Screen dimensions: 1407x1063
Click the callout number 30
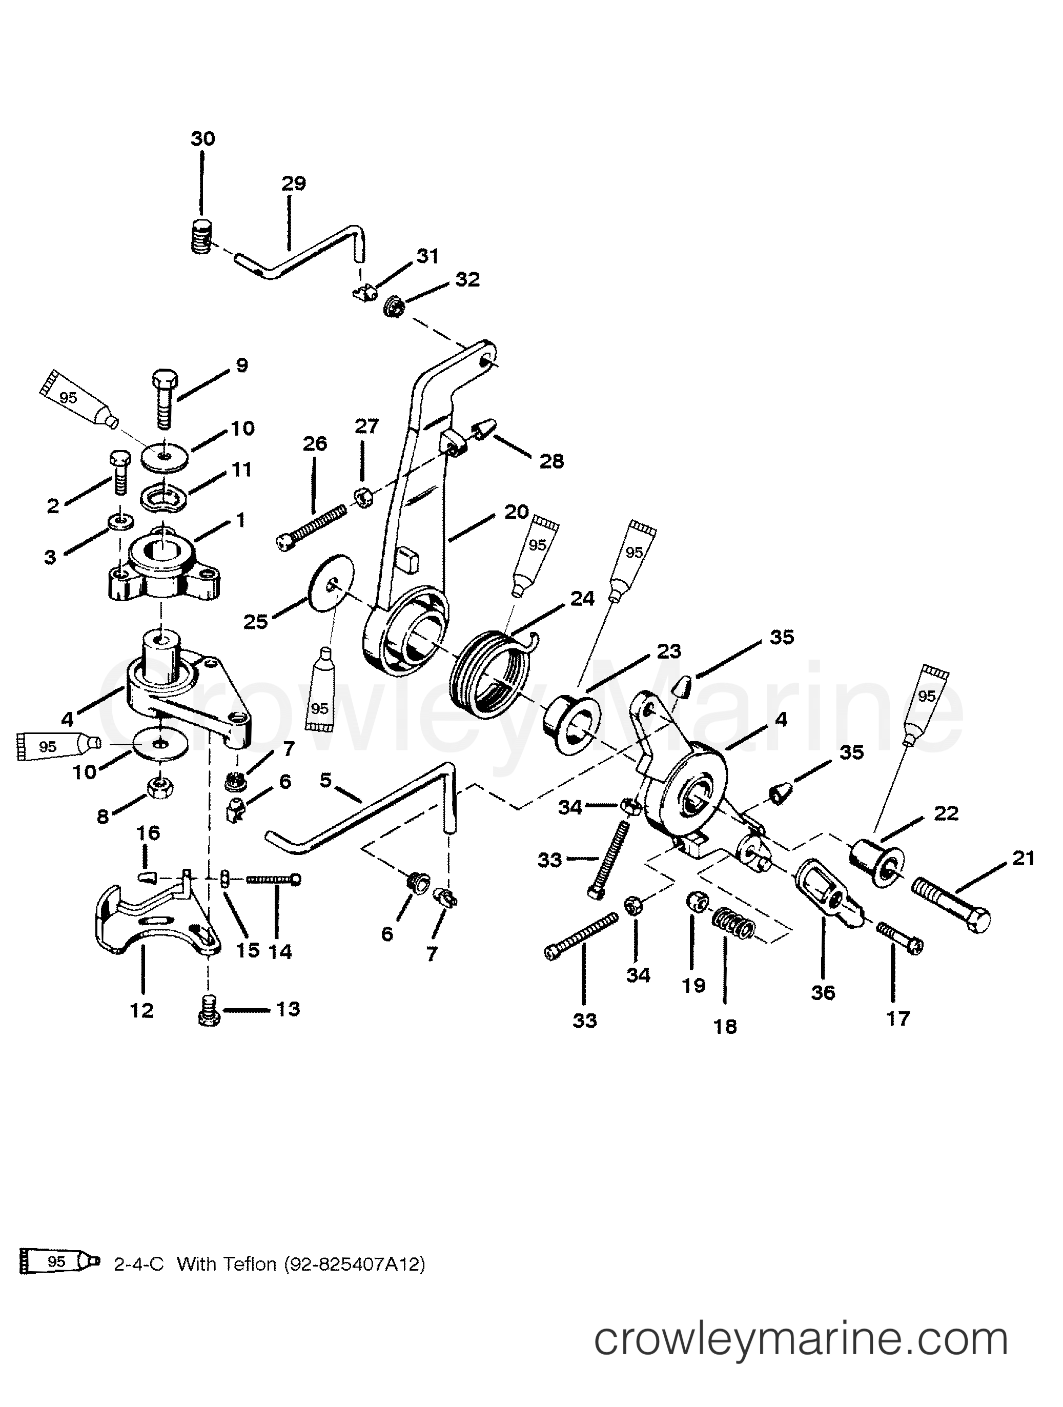[x=203, y=139]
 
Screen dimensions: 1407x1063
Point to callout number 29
[x=293, y=183]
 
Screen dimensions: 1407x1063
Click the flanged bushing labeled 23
[x=569, y=724]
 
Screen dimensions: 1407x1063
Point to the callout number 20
[x=516, y=512]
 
